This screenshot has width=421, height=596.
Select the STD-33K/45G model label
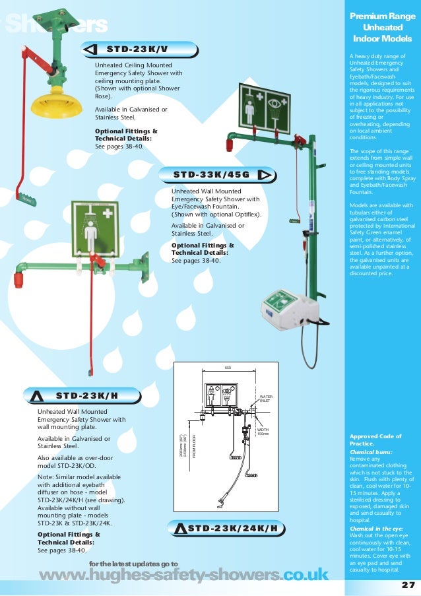(211, 174)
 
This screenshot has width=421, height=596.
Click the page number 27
(407, 584)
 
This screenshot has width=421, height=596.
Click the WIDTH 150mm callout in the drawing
(263, 431)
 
